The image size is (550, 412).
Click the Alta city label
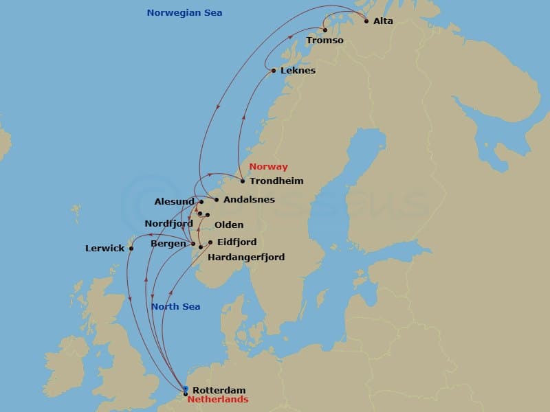point(383,21)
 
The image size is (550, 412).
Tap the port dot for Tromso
point(325,30)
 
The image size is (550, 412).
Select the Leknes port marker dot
point(274,71)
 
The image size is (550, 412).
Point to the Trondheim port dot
point(243,181)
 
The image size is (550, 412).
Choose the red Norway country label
point(268,167)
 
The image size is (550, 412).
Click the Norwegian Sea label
point(184,13)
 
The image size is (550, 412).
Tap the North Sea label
point(175,307)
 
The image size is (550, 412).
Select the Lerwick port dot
point(131,249)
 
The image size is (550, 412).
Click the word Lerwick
point(104,249)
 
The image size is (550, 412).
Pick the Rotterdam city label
point(219,390)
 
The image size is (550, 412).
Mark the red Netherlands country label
point(217,400)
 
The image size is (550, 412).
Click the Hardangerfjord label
point(246,257)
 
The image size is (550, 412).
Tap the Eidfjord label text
point(236,242)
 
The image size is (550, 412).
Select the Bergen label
point(168,244)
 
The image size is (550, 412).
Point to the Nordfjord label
point(168,224)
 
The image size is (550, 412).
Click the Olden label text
point(228,225)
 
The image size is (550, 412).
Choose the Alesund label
point(175,202)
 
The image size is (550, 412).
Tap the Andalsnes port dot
point(217,200)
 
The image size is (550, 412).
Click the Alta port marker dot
point(366,21)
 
